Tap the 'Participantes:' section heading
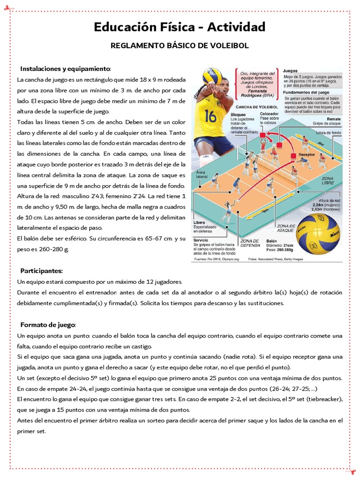(41, 271)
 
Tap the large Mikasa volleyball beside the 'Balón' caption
(319, 233)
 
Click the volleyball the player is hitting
(212, 76)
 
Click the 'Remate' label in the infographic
(333, 119)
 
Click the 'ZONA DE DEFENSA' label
(249, 244)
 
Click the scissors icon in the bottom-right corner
(351, 471)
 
